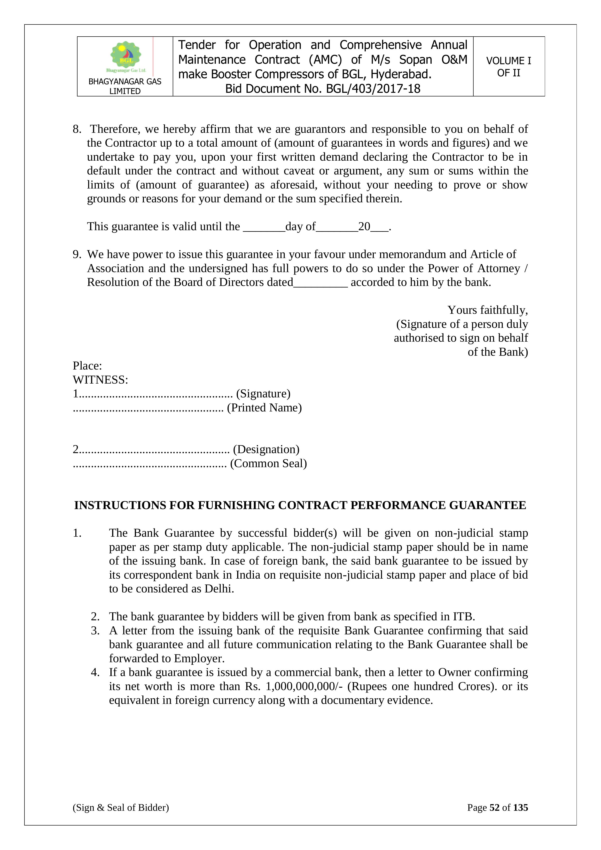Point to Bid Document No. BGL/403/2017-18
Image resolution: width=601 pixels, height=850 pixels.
[x=323, y=89]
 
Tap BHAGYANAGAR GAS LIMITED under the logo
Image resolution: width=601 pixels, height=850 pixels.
[x=125, y=86]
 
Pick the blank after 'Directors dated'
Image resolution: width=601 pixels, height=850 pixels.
[x=320, y=283]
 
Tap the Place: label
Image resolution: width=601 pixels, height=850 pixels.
[x=87, y=366]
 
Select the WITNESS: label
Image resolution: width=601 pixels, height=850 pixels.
[x=100, y=380]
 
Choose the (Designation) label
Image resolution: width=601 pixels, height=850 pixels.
[x=266, y=449]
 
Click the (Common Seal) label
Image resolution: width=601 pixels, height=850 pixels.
[x=268, y=464]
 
